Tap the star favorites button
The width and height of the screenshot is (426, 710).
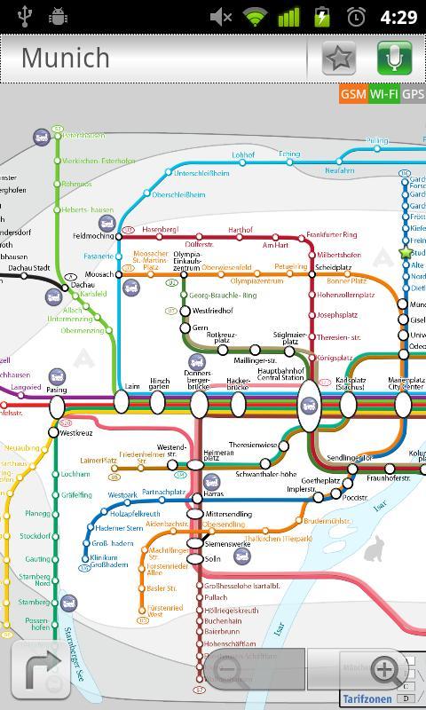337,58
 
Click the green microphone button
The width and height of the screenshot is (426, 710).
394,58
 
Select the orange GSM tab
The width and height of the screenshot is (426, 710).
353,94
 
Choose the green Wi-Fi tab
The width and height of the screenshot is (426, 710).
384,94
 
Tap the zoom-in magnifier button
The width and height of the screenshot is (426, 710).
385,669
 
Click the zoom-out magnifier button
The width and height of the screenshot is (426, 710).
228,669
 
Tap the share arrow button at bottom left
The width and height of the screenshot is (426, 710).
40,669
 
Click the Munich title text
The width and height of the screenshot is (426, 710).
66,58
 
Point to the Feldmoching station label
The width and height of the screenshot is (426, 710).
93,237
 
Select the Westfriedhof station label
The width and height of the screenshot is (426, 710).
212,312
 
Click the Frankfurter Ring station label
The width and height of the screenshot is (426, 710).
331,235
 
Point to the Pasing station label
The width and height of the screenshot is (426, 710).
56,390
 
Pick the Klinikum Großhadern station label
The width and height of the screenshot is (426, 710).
110,561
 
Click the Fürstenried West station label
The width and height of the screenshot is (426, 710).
155,611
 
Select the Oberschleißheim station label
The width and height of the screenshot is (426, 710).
178,194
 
